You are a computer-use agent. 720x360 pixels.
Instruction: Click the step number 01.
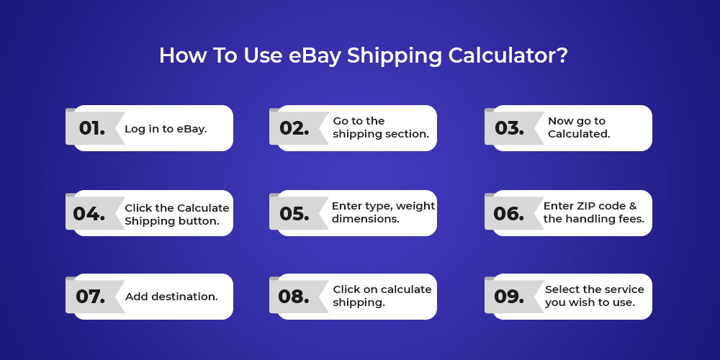(92, 128)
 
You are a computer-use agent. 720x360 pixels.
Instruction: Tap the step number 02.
(294, 128)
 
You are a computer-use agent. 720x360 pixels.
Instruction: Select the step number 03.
(509, 128)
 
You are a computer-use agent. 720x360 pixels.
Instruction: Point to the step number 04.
(89, 214)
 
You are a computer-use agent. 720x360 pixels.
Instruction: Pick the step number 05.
(294, 214)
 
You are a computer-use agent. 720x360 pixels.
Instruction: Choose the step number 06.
(509, 214)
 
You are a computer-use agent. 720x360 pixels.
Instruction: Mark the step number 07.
(91, 297)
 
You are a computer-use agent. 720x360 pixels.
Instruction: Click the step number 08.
(294, 297)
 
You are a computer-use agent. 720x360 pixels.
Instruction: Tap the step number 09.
(509, 297)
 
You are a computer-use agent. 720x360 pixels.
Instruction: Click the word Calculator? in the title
(508, 55)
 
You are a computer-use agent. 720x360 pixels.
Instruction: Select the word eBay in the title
(315, 56)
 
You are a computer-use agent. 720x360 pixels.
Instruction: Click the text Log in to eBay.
(166, 129)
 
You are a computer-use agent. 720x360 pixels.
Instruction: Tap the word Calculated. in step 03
(579, 134)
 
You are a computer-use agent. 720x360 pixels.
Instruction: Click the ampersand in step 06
(633, 206)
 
